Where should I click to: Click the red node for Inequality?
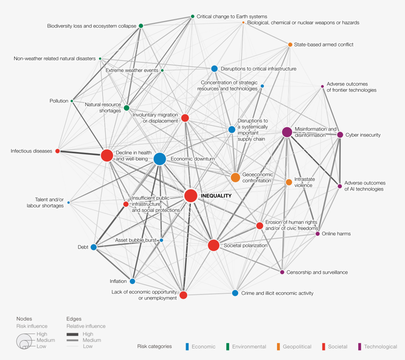click(x=190, y=195)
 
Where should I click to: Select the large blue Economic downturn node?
click(x=159, y=159)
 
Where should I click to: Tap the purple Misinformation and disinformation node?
click(x=287, y=132)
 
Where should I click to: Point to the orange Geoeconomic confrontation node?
click(x=235, y=177)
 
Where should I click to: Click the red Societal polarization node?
click(x=213, y=245)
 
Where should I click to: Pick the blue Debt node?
click(x=93, y=247)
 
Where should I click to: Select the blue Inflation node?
click(x=132, y=281)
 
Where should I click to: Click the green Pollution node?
click(x=72, y=101)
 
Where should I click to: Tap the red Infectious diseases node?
click(x=57, y=151)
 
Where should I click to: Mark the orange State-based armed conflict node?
click(x=290, y=44)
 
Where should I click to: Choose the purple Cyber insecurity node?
click(x=340, y=135)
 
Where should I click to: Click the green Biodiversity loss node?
click(x=141, y=26)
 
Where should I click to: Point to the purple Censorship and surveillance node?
click(x=282, y=272)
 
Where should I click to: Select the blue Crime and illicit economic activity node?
click(x=235, y=293)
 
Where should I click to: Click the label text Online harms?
click(x=336, y=233)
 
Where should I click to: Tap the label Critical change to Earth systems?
click(x=232, y=16)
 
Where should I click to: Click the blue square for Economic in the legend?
click(x=186, y=346)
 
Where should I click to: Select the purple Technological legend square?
click(x=360, y=346)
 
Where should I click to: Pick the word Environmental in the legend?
click(x=249, y=346)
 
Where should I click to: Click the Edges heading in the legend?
click(x=74, y=318)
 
